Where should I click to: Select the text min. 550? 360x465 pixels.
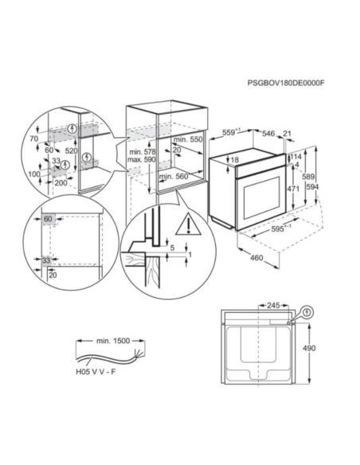188,140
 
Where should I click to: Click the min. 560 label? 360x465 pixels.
182,175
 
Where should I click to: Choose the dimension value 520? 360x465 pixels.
72,150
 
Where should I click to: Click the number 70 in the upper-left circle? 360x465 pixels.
35,139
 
